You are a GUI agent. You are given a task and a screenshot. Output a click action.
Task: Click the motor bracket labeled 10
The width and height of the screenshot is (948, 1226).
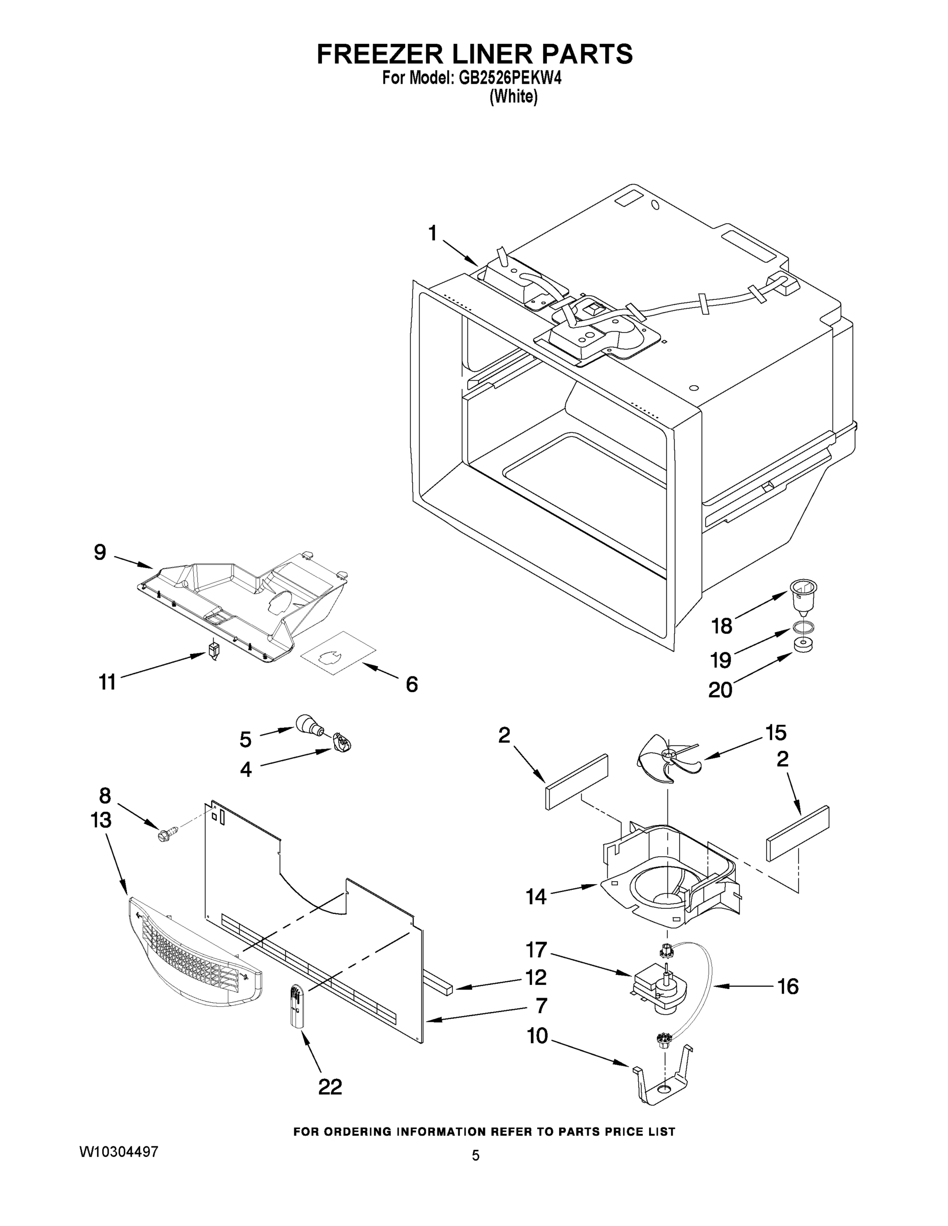(x=662, y=1078)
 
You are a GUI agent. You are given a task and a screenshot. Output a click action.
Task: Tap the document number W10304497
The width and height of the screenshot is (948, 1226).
(x=119, y=1151)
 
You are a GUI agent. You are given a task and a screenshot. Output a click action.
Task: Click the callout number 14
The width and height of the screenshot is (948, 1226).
(x=536, y=897)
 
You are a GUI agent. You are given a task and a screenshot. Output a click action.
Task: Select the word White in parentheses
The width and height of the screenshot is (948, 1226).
(x=513, y=97)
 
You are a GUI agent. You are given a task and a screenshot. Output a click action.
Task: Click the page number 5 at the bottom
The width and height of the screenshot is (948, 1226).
(x=475, y=1156)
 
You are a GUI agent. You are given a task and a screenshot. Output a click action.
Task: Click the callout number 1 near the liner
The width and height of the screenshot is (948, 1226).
(x=432, y=232)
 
